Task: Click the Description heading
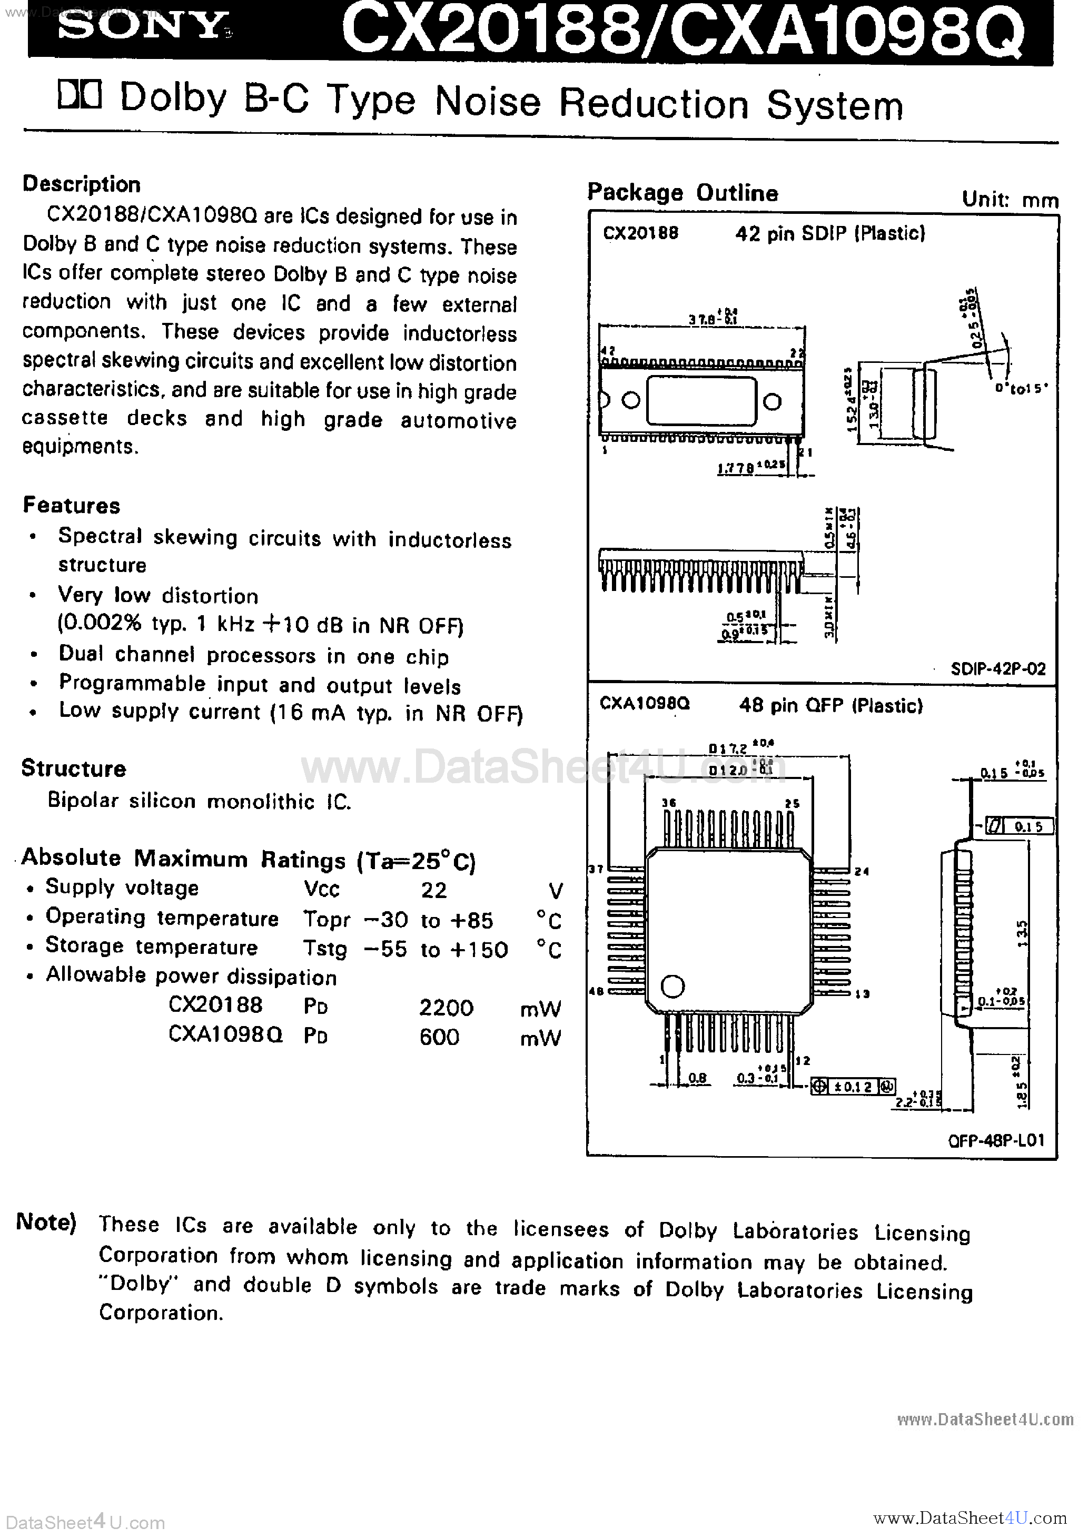(x=82, y=184)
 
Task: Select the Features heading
(x=72, y=505)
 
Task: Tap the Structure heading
(x=74, y=768)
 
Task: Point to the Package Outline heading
(x=683, y=193)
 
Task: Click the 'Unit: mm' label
(x=1010, y=200)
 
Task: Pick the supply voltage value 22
(x=433, y=890)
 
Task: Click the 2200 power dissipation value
(x=446, y=1008)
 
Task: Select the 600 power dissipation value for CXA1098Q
(x=440, y=1037)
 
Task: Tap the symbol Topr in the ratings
(x=327, y=920)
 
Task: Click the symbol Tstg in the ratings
(x=325, y=949)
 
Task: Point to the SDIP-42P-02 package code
(x=997, y=668)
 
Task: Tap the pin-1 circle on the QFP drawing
(x=672, y=986)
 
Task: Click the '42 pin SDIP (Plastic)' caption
(x=830, y=233)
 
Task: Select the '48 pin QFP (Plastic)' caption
(x=830, y=705)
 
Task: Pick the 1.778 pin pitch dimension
(x=736, y=468)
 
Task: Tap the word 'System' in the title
(x=835, y=106)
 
